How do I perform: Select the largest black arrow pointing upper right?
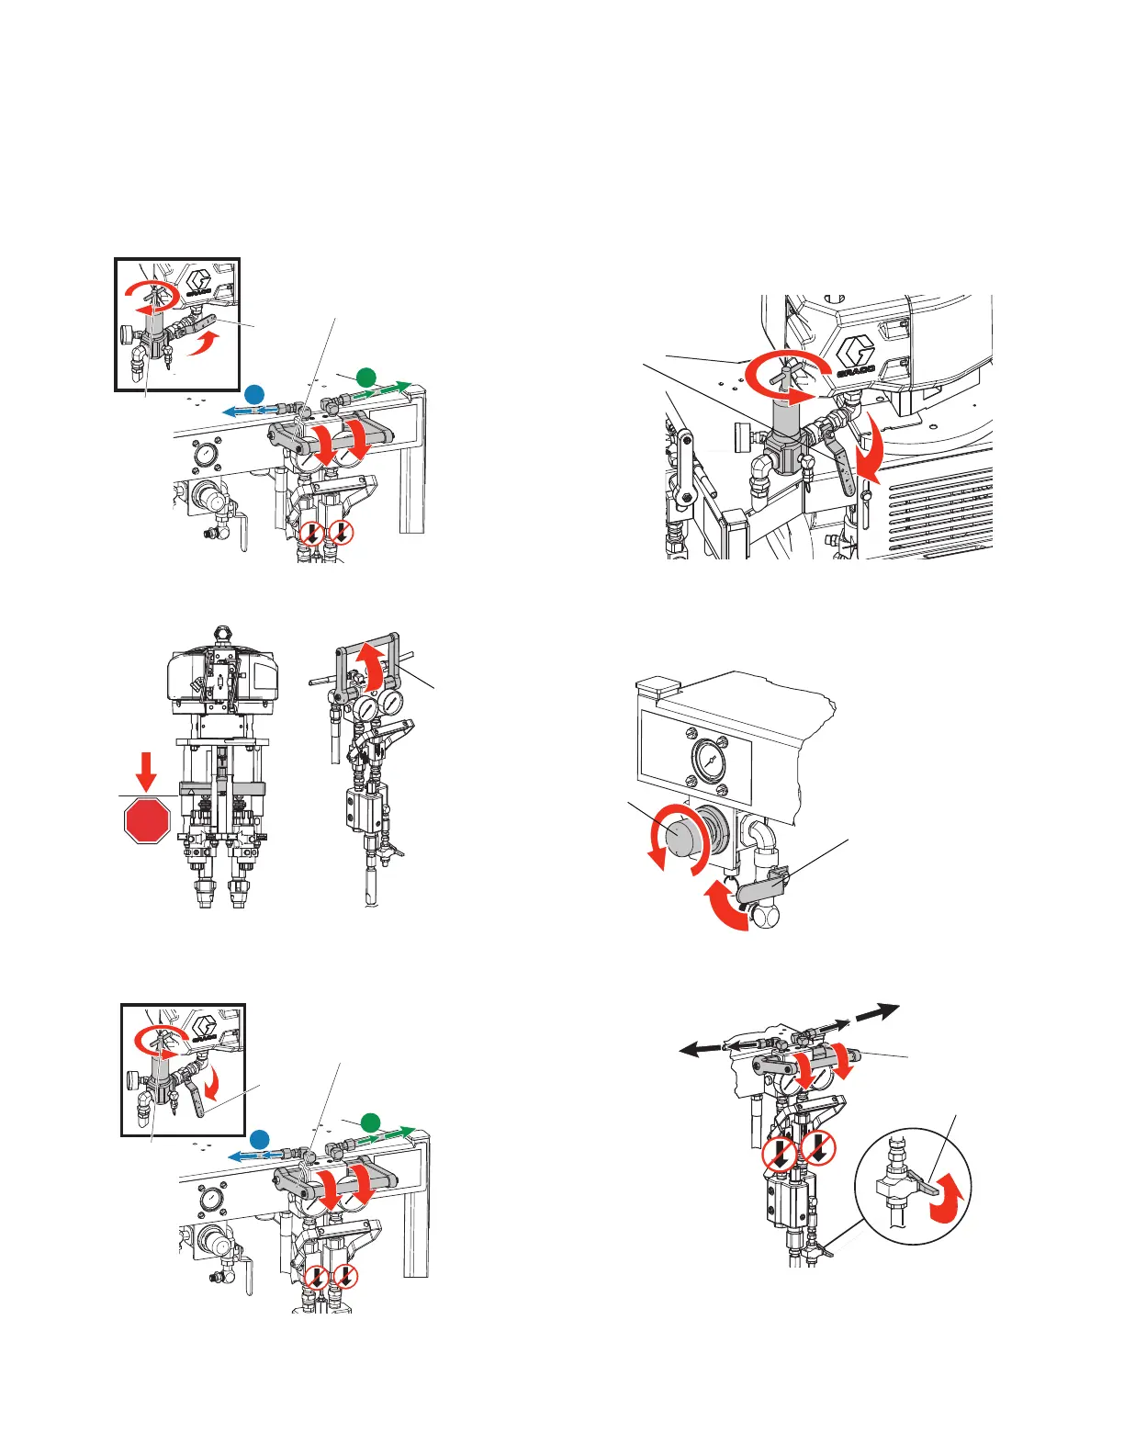[878, 1011]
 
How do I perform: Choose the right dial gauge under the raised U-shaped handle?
[391, 705]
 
